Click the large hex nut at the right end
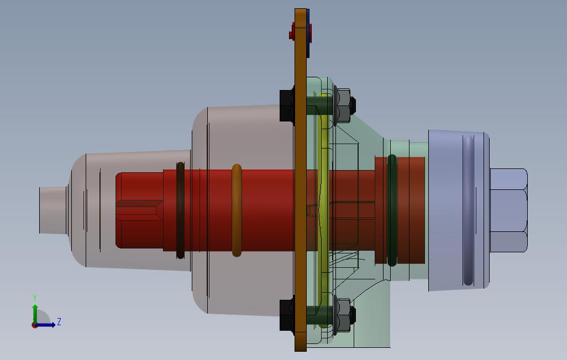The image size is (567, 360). click(x=508, y=210)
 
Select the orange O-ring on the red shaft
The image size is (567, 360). click(x=237, y=210)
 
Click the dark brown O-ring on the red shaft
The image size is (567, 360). click(x=181, y=210)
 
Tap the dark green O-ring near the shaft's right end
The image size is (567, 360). click(x=392, y=210)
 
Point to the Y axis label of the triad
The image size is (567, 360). click(x=35, y=298)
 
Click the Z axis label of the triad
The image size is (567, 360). click(x=59, y=322)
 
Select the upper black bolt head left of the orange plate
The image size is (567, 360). click(x=287, y=105)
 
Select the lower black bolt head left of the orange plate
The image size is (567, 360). click(x=287, y=315)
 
